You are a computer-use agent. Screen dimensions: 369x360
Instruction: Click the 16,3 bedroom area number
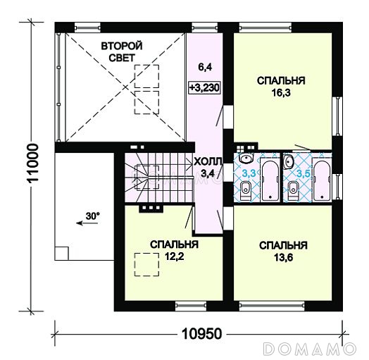[281, 93]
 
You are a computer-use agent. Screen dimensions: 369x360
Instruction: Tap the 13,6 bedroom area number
[283, 258]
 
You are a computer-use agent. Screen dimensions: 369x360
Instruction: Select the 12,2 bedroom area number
[174, 256]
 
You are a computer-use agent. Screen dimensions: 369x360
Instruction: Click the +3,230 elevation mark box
[204, 87]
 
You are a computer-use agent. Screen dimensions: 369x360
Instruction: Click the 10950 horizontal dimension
[202, 334]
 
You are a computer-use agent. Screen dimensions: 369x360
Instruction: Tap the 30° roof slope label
[92, 216]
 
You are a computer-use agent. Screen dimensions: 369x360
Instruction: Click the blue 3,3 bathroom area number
[249, 173]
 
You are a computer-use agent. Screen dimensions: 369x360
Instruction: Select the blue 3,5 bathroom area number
[303, 173]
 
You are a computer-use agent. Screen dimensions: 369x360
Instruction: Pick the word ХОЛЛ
[208, 162]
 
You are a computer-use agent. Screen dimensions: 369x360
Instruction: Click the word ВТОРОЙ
[122, 46]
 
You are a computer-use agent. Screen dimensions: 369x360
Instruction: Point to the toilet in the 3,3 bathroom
[246, 190]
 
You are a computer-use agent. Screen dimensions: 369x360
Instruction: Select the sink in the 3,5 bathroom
[289, 161]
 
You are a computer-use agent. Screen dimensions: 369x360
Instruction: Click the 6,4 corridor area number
[205, 67]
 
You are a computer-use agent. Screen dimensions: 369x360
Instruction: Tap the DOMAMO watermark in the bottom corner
[309, 348]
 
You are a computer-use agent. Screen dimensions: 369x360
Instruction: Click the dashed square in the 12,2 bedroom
[147, 264]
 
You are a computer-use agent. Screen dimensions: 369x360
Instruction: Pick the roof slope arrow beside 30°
[87, 223]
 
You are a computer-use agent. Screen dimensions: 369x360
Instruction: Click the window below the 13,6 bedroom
[272, 306]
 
